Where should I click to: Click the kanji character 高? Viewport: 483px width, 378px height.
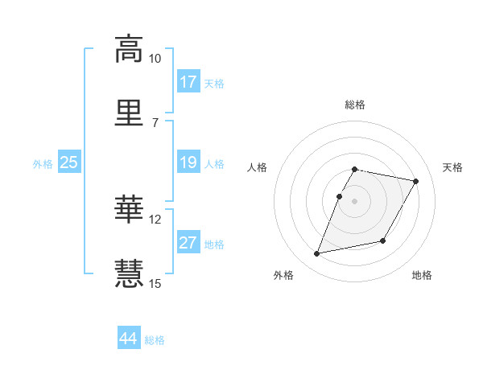pyautogui.click(x=129, y=49)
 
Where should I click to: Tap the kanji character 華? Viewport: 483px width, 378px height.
pyautogui.click(x=129, y=210)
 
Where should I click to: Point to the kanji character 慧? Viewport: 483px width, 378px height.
pyautogui.click(x=129, y=273)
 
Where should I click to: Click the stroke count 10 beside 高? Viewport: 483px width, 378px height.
pyautogui.click(x=155, y=59)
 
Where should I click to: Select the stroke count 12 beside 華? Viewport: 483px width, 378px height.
pyautogui.click(x=155, y=220)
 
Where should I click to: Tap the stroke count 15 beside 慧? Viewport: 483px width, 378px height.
pyautogui.click(x=155, y=282)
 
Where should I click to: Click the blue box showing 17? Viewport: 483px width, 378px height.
pyautogui.click(x=188, y=82)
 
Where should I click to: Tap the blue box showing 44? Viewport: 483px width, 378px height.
pyautogui.click(x=129, y=339)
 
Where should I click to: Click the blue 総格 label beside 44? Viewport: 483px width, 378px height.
pyautogui.click(x=155, y=340)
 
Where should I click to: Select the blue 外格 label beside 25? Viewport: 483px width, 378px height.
pyautogui.click(x=43, y=164)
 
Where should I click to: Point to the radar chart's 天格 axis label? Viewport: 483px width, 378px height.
pyautogui.click(x=453, y=167)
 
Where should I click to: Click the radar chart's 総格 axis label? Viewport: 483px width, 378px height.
pyautogui.click(x=355, y=105)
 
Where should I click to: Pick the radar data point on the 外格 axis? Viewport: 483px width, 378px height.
pyautogui.click(x=317, y=254)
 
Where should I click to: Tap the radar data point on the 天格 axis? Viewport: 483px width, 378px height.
pyautogui.click(x=416, y=182)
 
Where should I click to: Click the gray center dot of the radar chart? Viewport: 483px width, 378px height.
pyautogui.click(x=355, y=201)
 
